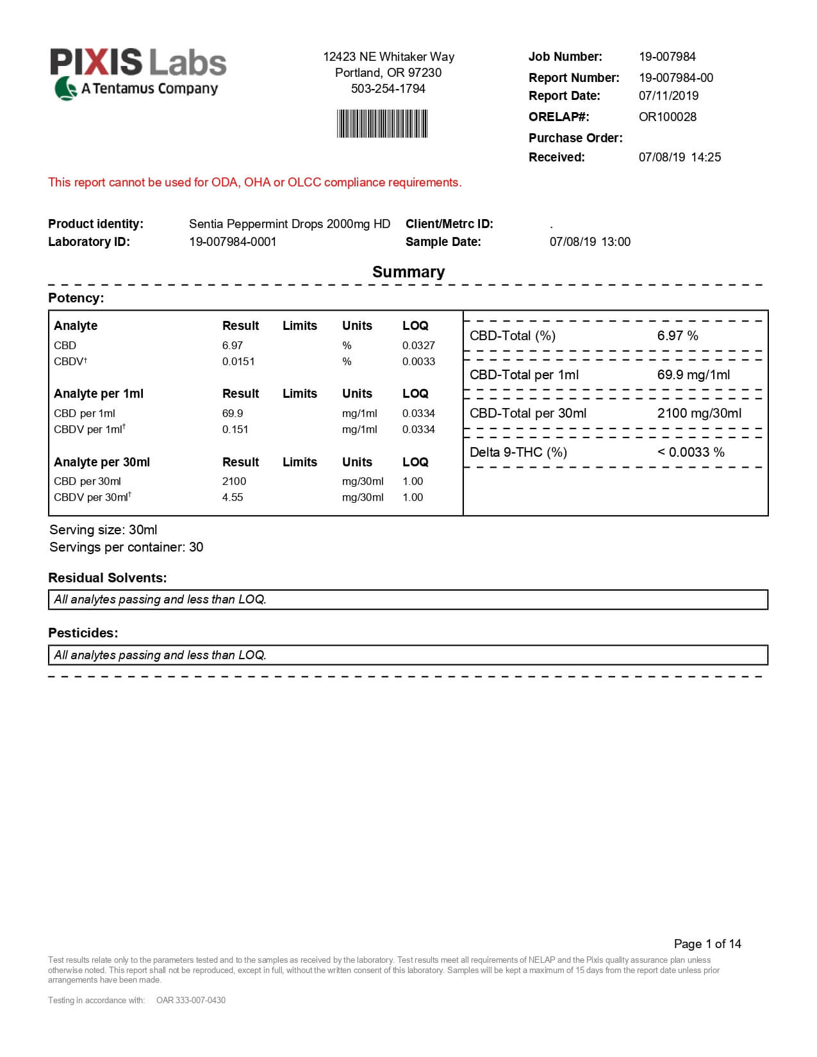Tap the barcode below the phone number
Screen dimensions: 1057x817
pos(382,124)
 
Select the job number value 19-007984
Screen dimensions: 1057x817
pos(667,57)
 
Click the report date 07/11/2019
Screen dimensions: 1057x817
pos(668,96)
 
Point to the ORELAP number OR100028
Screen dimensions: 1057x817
pos(667,117)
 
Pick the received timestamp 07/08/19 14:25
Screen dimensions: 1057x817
pos(679,158)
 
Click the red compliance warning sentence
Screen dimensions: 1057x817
pos(254,183)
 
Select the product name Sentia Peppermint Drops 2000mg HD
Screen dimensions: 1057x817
pos(289,224)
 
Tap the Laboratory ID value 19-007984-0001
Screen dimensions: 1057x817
pos(233,242)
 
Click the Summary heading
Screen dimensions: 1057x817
pos(408,272)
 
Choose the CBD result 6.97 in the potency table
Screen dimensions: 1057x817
pos(233,346)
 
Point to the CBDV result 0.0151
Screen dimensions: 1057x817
pos(238,362)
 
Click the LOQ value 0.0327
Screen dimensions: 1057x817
pos(418,346)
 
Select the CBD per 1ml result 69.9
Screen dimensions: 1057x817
pos(233,414)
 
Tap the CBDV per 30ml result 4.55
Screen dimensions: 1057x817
pos(233,498)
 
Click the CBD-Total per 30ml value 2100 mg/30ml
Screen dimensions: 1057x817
pos(699,414)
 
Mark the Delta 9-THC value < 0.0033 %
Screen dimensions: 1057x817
pos(691,453)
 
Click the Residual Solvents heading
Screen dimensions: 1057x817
pos(107,578)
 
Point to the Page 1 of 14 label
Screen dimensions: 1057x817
pos(707,944)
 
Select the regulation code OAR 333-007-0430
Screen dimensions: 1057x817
pos(191,1001)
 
